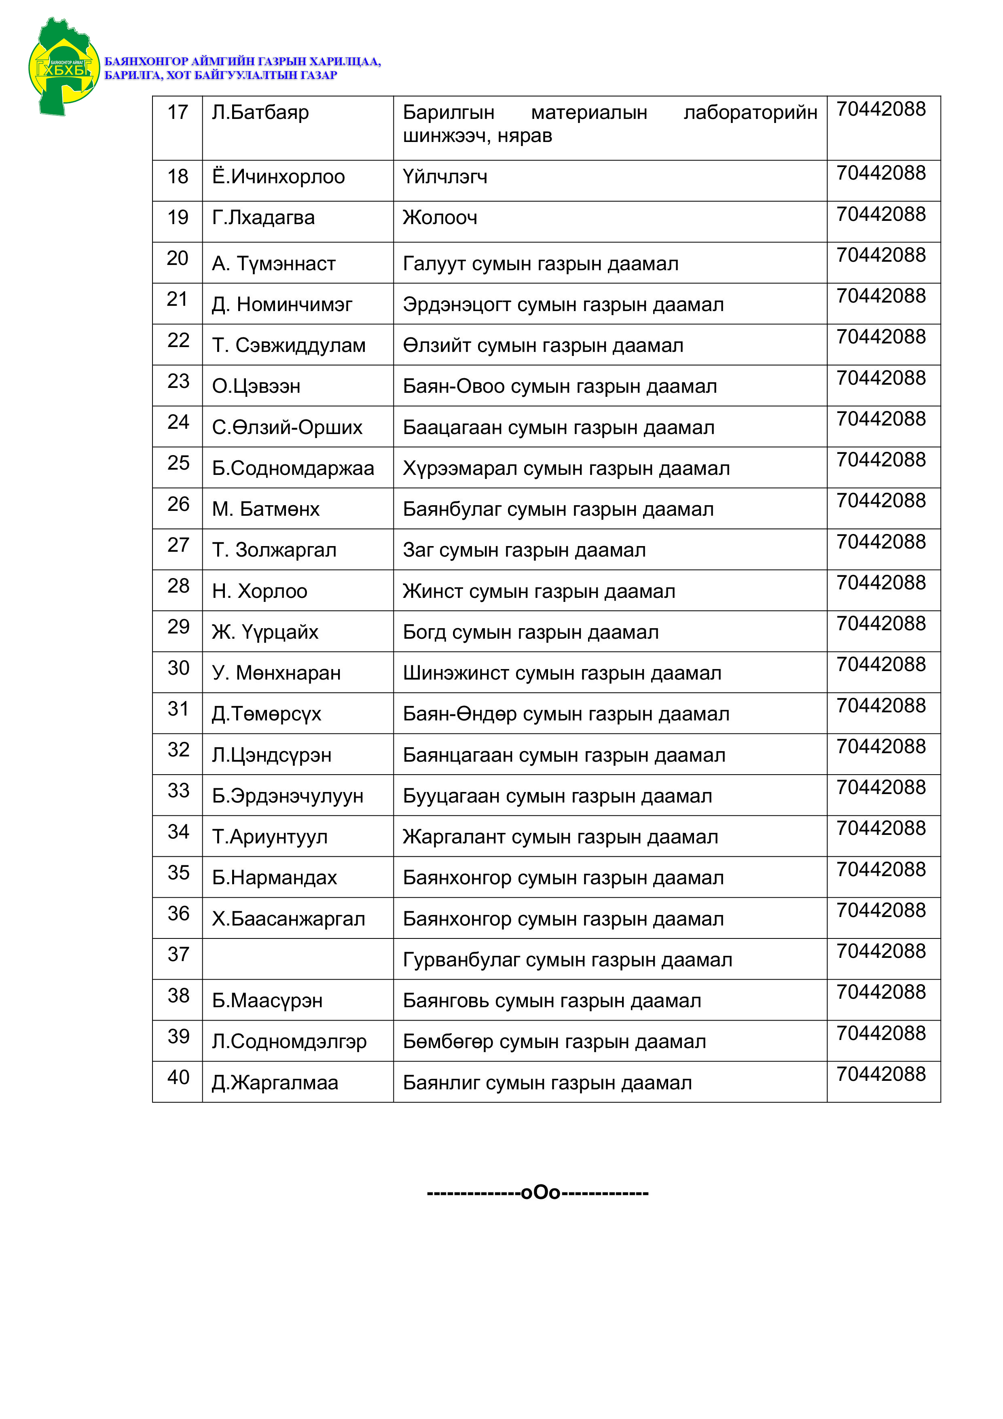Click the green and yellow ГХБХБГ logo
pyautogui.click(x=63, y=67)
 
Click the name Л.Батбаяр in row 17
pyautogui.click(x=260, y=112)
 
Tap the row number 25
pyautogui.click(x=178, y=463)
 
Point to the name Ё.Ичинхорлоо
pyautogui.click(x=278, y=177)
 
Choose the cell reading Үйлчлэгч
pyautogui.click(x=445, y=177)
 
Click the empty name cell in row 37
pyautogui.click(x=297, y=959)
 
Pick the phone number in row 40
pyautogui.click(x=880, y=1074)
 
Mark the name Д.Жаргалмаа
pyautogui.click(x=275, y=1083)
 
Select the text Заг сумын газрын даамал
pyautogui.click(x=524, y=550)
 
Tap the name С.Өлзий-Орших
pyautogui.click(x=287, y=428)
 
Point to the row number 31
pyautogui.click(x=178, y=709)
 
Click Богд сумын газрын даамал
pyautogui.click(x=530, y=632)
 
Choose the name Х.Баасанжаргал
pyautogui.click(x=288, y=919)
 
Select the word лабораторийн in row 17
pyautogui.click(x=750, y=112)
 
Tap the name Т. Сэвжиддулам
pyautogui.click(x=289, y=345)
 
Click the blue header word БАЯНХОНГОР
pyautogui.click(x=146, y=61)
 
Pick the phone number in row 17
pyautogui.click(x=880, y=109)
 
